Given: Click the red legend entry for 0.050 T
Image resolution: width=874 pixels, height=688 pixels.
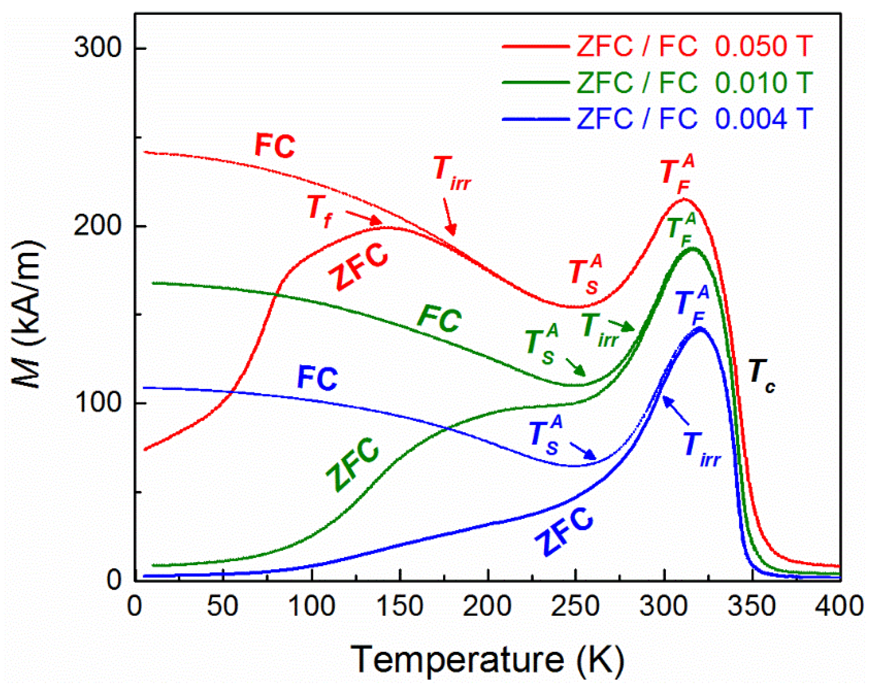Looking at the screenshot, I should point(657,47).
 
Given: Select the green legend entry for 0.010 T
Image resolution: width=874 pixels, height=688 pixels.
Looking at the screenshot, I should point(657,82).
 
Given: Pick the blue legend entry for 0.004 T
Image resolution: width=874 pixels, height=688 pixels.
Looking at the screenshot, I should point(657,118).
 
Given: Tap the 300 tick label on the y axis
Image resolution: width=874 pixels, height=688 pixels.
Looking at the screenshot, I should point(98,48).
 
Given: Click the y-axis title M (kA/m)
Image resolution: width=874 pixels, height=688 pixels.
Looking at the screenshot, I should point(28,314).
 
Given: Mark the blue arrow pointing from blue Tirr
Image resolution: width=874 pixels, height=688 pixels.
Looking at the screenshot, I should point(676,411).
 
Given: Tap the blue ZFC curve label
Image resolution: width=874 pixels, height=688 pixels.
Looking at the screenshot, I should point(565,532).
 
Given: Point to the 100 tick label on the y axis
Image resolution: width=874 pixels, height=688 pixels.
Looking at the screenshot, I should point(98,403).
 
